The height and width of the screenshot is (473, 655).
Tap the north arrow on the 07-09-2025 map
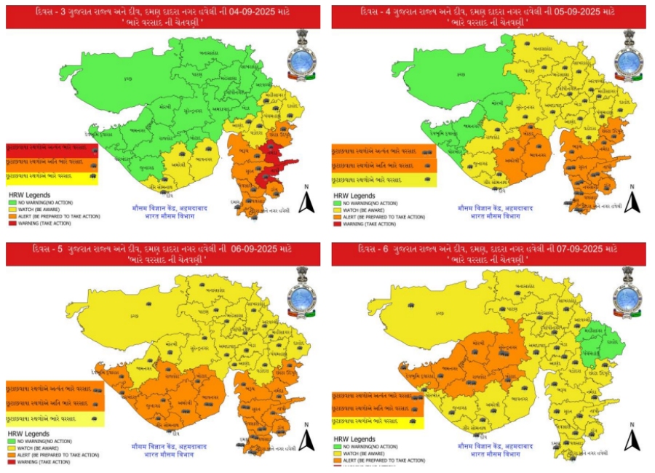[632, 438]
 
